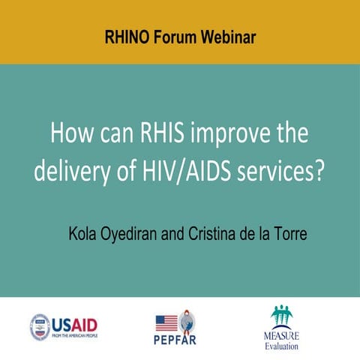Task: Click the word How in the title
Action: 70,135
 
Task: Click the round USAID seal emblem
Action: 40,327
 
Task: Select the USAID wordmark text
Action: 76,325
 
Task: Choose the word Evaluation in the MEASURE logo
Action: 281,346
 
